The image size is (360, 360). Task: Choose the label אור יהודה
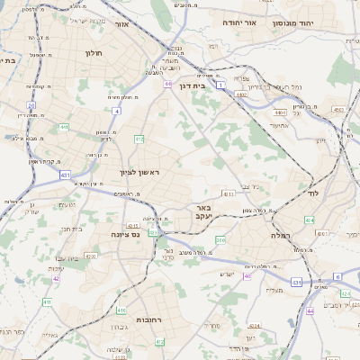[x=238, y=22]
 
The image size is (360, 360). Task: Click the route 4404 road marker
[x=281, y=113]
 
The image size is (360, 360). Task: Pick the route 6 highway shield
[x=337, y=276]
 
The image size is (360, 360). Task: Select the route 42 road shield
[x=57, y=279]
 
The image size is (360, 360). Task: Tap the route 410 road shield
[x=64, y=128]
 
